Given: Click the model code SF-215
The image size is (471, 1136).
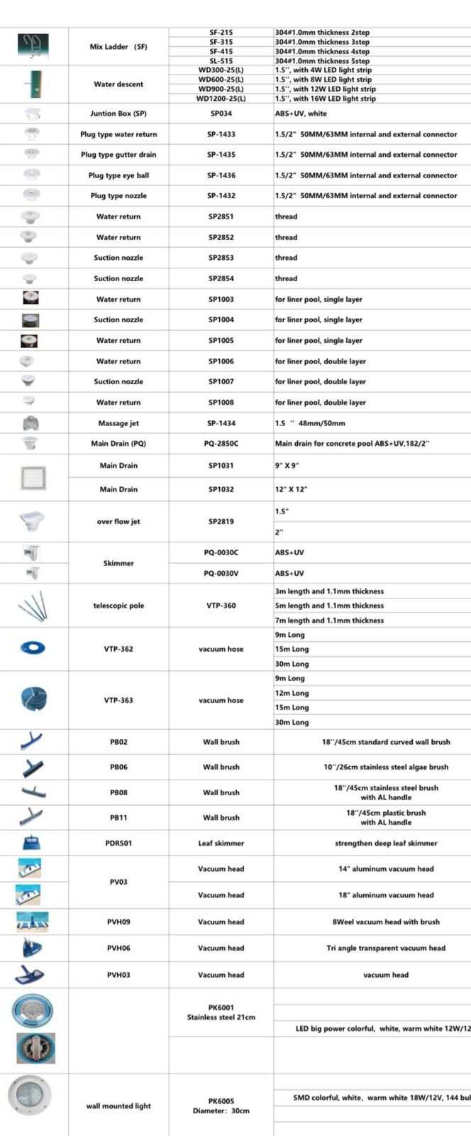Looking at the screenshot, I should coord(221,33).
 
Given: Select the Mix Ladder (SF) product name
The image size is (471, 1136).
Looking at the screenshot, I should coord(118,47).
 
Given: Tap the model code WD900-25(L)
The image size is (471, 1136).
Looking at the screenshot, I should coord(221,89).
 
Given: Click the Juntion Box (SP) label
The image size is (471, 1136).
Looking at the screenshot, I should coord(118,114).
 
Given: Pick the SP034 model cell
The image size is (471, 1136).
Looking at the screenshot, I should coord(221,114).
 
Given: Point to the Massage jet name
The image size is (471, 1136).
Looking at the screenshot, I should coord(118,423).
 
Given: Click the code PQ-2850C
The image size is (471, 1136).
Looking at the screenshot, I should coord(221,444).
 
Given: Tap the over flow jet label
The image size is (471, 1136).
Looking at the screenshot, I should coord(118,522).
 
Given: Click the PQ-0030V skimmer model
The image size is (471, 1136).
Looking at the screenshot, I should coord(221,573).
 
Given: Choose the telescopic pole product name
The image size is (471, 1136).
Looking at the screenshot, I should coord(118,606).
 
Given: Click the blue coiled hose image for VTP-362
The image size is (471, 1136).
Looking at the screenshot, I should coord(33,648).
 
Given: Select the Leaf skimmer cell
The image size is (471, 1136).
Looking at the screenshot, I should coord(221,843).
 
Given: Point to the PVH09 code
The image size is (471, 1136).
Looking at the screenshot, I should coord(118,922).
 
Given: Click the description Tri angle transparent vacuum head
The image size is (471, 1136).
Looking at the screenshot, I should coord(386,948).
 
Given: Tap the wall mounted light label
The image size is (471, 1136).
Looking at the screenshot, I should coord(118,1105).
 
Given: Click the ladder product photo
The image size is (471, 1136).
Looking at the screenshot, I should coord(33,46).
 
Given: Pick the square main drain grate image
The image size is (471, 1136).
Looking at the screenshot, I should coord(33,478).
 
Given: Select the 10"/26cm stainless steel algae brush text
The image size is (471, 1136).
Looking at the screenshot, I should coord(386,767).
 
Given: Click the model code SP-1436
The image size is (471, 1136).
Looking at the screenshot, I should coord(221,175).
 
